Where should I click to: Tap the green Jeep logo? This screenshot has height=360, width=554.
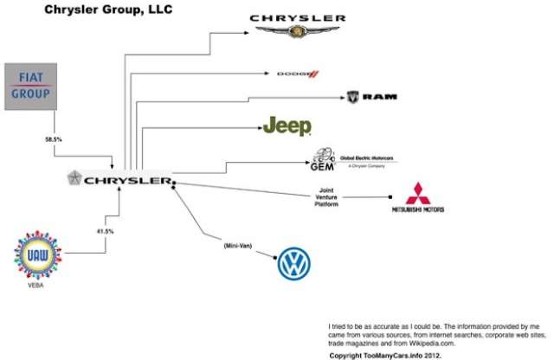tap(287, 126)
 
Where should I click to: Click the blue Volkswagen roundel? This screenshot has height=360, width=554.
tap(293, 265)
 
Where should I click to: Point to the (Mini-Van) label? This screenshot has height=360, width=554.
tap(237, 246)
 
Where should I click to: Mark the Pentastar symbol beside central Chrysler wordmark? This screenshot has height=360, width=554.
tap(76, 179)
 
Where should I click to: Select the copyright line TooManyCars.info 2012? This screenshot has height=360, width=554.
tap(387, 355)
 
